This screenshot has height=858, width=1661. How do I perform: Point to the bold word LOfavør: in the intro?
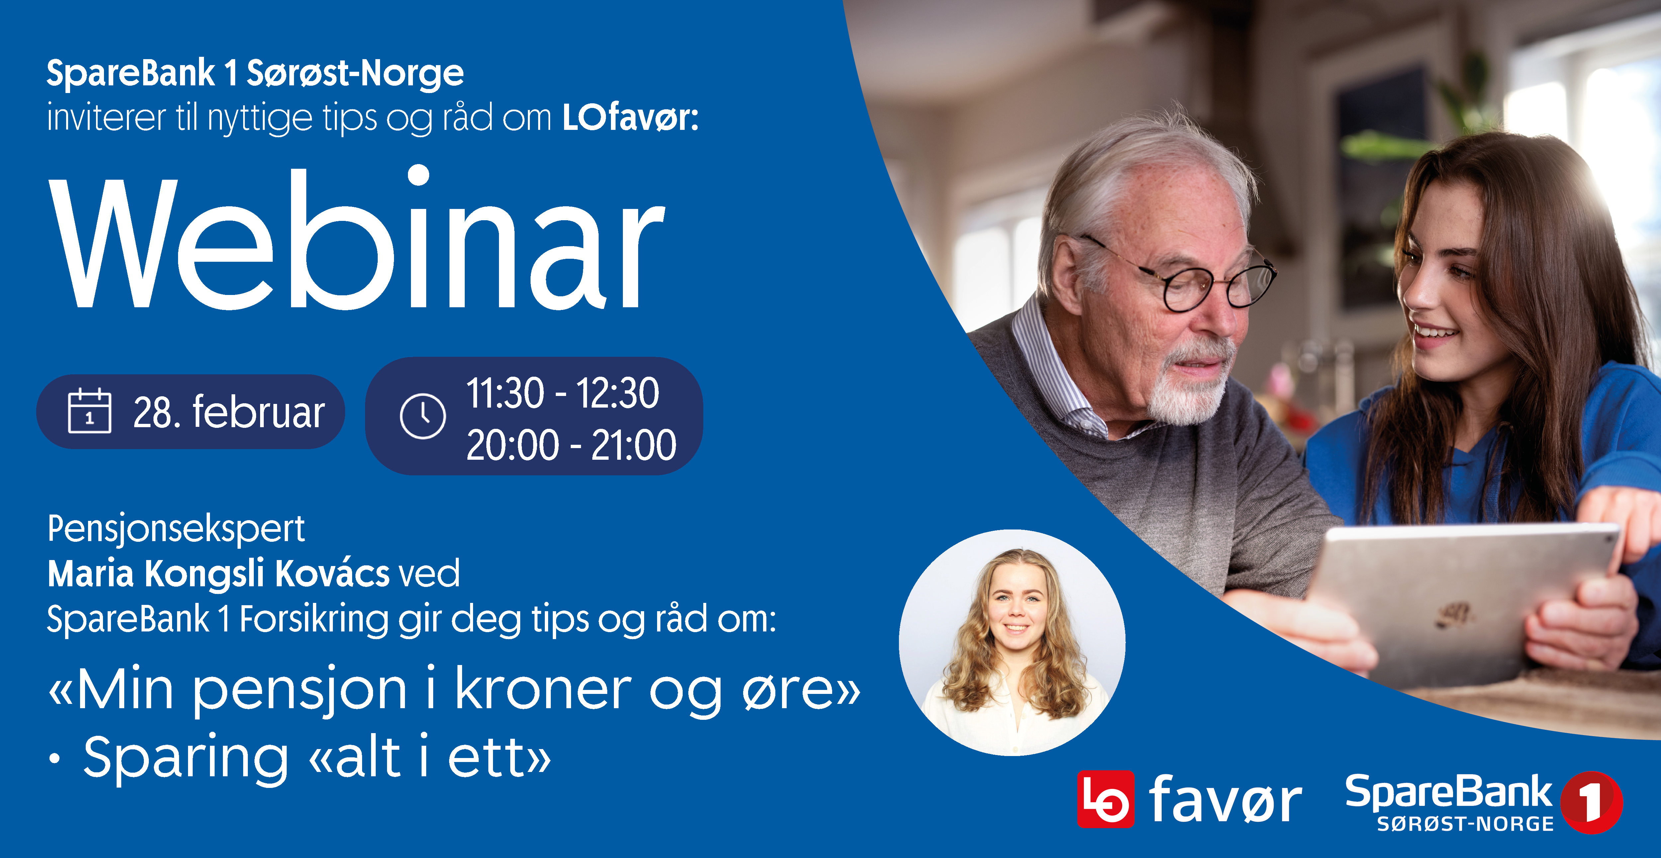point(630,118)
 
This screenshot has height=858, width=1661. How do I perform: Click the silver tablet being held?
point(1451,600)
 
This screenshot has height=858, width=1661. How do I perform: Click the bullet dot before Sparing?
point(55,759)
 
